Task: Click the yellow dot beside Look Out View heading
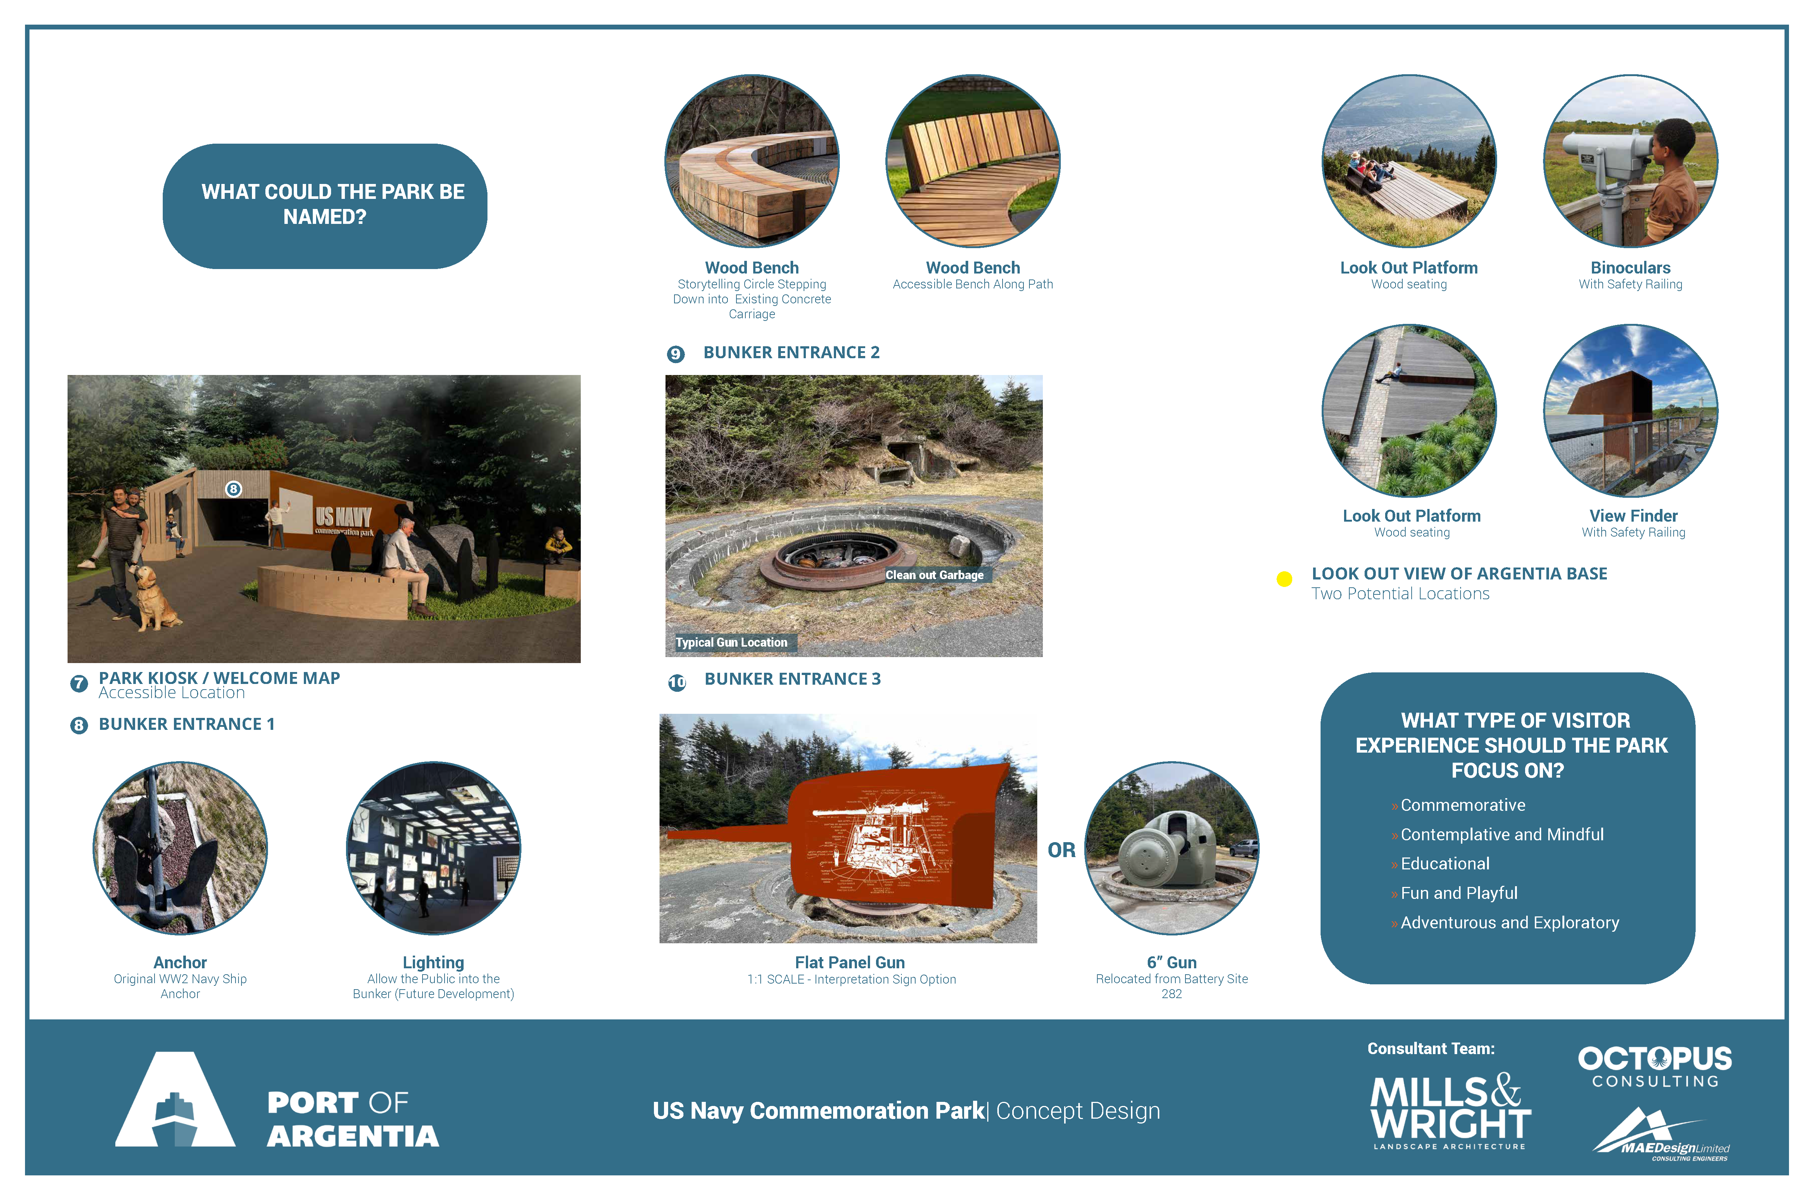1284,579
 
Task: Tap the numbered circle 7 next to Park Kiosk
79,684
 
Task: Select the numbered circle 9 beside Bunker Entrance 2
675,354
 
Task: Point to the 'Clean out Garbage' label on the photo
935,575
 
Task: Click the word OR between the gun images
1062,850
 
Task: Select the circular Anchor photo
181,848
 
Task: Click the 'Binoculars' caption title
1630,268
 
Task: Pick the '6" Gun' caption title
1172,963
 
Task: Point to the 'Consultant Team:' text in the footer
1431,1049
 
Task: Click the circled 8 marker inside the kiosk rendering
233,489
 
